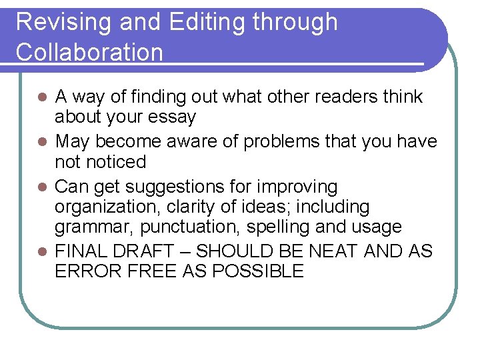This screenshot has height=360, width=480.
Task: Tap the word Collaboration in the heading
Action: [89, 52]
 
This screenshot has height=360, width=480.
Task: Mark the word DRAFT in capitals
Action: [149, 251]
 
